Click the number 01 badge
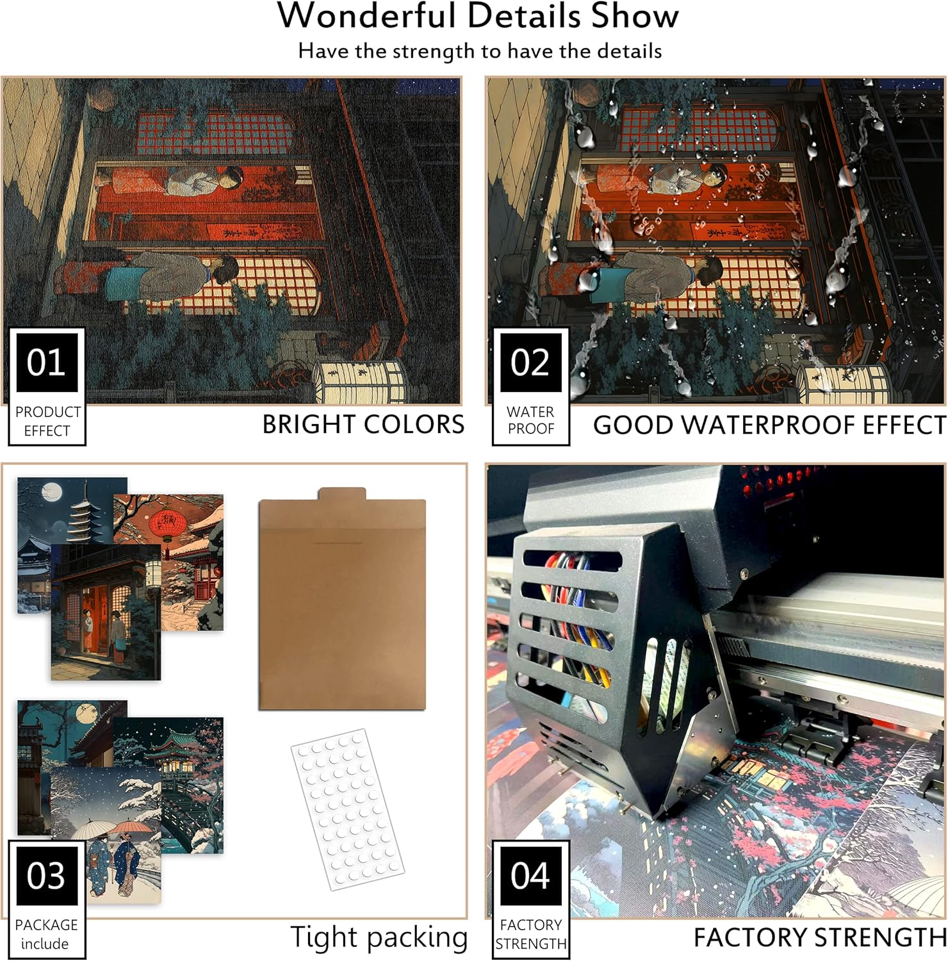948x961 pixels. point(46,362)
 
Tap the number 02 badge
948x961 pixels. point(530,362)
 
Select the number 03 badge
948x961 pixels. point(46,875)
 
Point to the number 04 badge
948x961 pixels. point(530,875)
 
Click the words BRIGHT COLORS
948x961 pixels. point(363,424)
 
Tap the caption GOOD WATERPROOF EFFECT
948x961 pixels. point(769,425)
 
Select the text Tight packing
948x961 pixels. point(379,938)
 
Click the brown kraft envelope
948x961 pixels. point(342,598)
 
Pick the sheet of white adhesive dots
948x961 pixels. point(347,809)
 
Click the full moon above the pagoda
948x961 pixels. point(51,492)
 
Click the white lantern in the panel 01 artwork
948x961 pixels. point(360,382)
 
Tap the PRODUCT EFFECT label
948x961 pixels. point(47,421)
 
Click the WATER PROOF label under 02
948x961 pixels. point(530,420)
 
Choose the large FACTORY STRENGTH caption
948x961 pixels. point(819,937)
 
